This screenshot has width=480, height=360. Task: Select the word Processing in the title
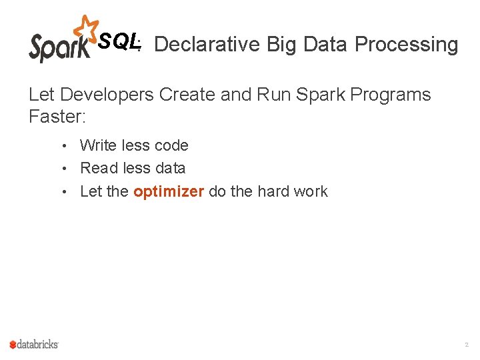coord(406,45)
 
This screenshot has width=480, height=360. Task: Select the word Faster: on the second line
coord(57,117)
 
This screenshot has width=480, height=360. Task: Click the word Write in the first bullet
coord(98,145)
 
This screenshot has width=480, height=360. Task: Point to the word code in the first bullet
coord(171,145)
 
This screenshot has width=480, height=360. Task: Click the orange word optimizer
coord(169,192)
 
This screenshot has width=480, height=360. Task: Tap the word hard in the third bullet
coord(275,191)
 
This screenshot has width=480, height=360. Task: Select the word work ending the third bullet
coord(311,191)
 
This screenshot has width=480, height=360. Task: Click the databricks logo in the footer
coord(34,344)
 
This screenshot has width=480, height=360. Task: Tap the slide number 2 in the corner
coord(466,345)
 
